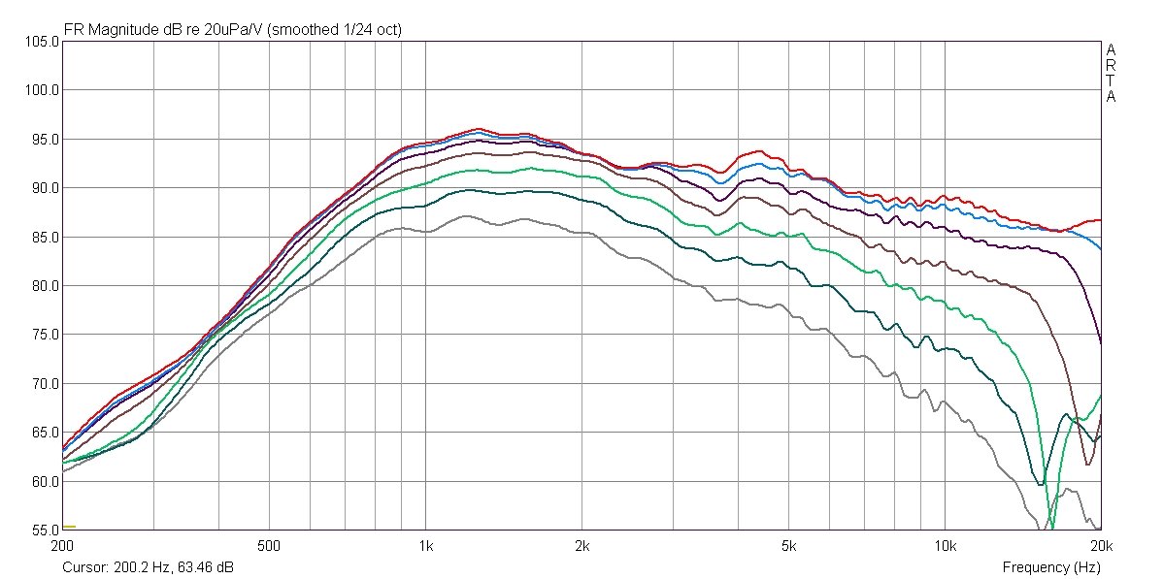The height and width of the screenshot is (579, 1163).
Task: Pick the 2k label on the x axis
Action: click(581, 546)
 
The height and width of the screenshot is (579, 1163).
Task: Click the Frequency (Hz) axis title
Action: click(1051, 567)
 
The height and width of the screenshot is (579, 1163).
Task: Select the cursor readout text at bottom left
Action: click(148, 567)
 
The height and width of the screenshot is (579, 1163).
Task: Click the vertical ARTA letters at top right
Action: click(1111, 73)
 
